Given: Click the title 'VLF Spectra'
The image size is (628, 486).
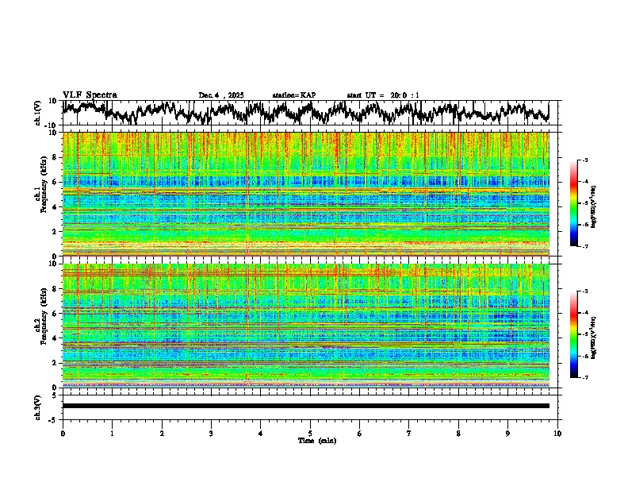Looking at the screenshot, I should pos(90,94).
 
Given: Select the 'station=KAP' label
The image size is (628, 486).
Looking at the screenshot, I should pos(294,95).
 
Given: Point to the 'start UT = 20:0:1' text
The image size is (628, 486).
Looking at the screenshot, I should pos(383,95).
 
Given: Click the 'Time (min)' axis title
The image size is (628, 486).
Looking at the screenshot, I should pos(310,440).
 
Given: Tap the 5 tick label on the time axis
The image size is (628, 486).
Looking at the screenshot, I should pos(310,433).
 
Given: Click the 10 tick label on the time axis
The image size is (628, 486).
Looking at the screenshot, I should pos(557,433).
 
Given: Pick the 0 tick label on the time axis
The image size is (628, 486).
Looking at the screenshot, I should pos(63,433).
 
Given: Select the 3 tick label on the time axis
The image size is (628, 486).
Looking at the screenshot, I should pos(211,433).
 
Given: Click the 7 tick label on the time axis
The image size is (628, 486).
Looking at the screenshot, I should pos(409,433).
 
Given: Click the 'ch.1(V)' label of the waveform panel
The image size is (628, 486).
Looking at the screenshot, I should pos(37,113).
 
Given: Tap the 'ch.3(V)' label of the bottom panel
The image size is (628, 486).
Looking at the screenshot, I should pos(37,406).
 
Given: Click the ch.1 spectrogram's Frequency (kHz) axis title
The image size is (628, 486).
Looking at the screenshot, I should pos(43,195).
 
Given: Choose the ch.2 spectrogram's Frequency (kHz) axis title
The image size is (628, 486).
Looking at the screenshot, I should pos(43,326).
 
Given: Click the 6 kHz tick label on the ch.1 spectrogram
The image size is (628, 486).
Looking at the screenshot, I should pos(55,182).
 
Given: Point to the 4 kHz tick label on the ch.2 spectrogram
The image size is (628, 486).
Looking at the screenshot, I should pos(55,337).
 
